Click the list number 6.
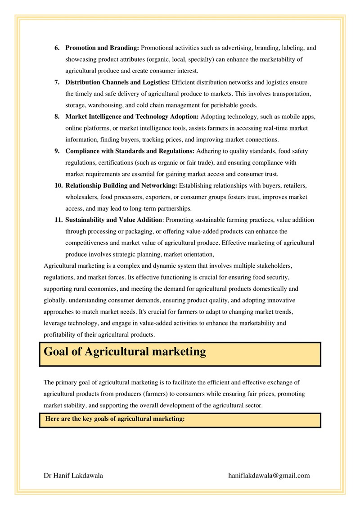[x=57, y=48]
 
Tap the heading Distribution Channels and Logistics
[x=117, y=82]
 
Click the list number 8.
[x=57, y=117]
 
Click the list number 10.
[x=58, y=185]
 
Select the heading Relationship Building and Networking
[x=121, y=185]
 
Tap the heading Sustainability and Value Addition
[x=113, y=220]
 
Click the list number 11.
[x=58, y=220]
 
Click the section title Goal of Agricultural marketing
[x=125, y=351]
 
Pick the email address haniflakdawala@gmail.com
[x=269, y=475]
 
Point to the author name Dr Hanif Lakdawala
[x=73, y=475]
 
